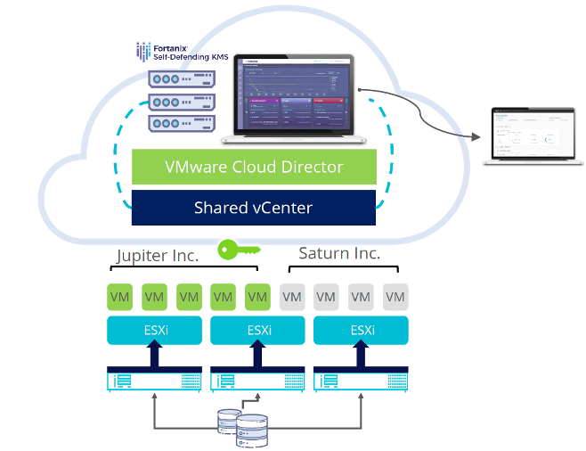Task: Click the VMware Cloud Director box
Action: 254,167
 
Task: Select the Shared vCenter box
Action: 254,208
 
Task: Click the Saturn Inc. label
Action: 338,253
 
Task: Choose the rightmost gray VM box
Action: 395,296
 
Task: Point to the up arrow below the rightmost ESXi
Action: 362,356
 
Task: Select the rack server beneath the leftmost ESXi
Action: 154,381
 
